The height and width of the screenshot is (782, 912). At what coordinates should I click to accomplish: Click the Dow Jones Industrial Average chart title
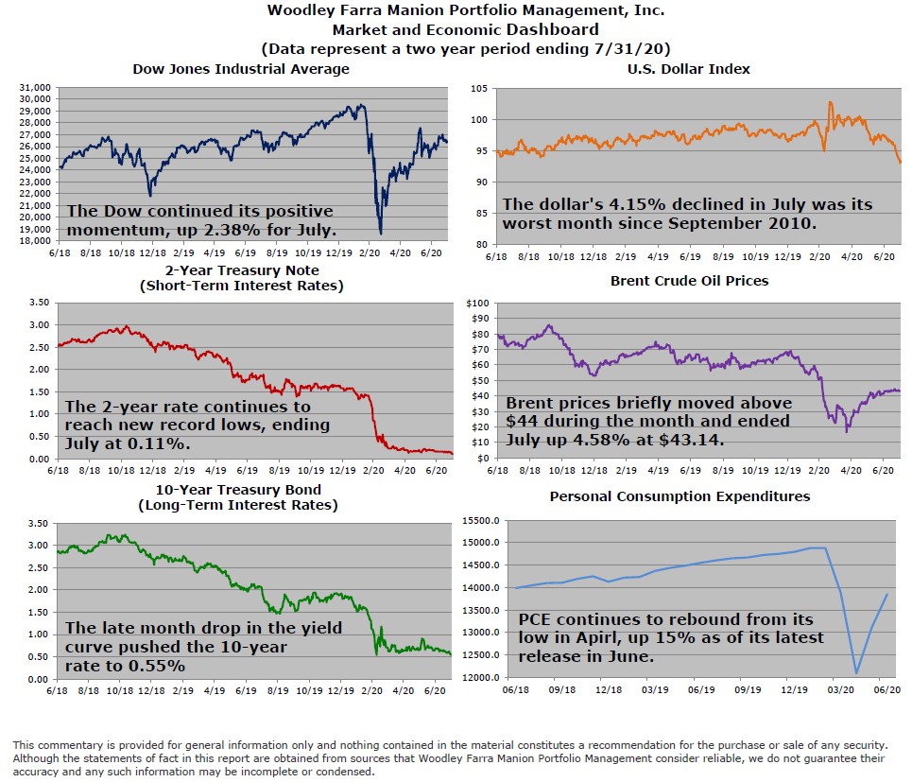[x=240, y=69]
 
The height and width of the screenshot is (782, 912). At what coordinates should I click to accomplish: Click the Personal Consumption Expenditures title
[x=680, y=495]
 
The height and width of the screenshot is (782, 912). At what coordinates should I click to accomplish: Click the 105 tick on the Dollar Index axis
[x=479, y=88]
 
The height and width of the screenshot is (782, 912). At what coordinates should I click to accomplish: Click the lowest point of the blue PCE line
[x=856, y=673]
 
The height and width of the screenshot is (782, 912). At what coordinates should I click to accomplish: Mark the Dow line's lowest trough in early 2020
[x=380, y=233]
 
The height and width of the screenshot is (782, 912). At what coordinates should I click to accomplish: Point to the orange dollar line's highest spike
[x=830, y=102]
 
